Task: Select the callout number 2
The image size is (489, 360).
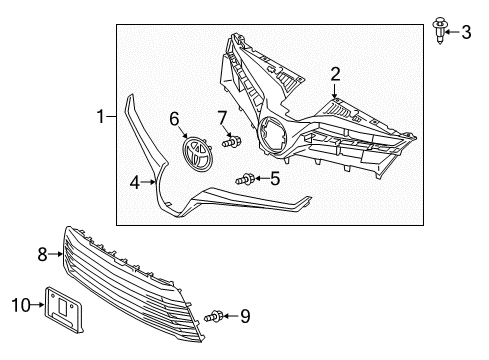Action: tap(336, 72)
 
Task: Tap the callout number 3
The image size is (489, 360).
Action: tap(466, 33)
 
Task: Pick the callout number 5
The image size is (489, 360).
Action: tap(275, 179)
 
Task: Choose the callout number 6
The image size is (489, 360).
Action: tap(175, 119)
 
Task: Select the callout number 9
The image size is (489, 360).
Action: tap(245, 317)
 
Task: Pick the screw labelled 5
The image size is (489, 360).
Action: tap(245, 179)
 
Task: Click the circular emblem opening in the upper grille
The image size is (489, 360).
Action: tap(272, 137)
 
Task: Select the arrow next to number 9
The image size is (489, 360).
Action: tap(231, 317)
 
